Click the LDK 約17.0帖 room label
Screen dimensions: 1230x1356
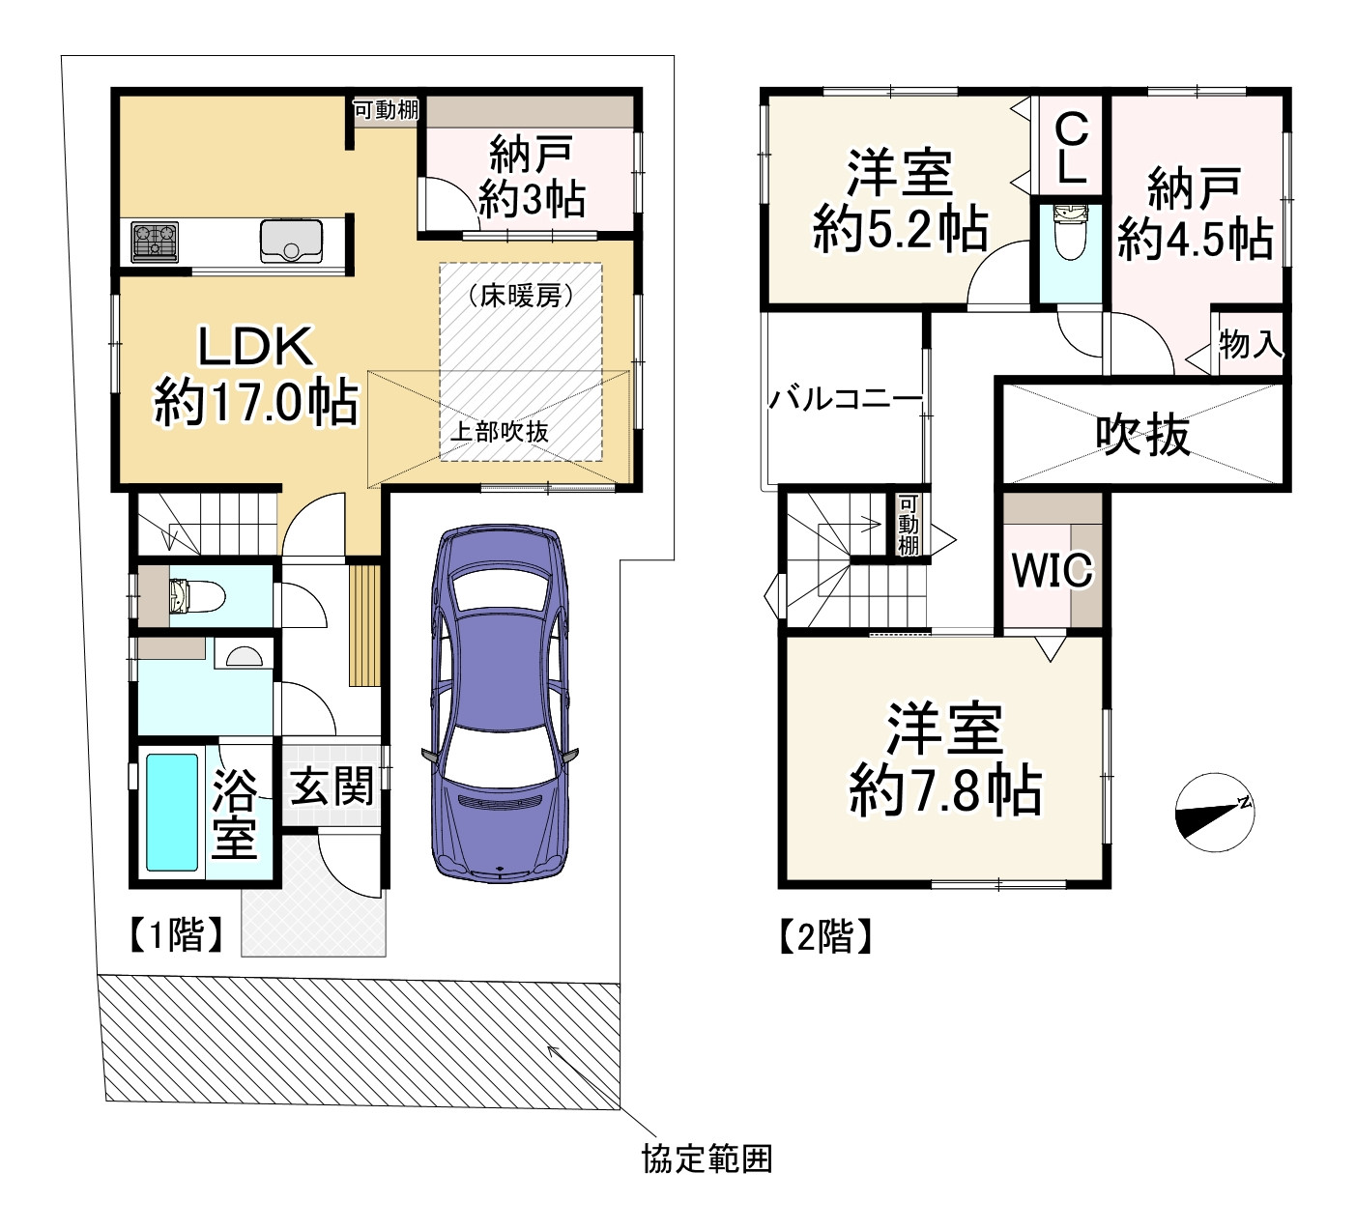pos(255,375)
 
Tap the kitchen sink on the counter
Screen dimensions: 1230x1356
pos(290,241)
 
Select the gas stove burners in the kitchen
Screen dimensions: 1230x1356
pos(155,241)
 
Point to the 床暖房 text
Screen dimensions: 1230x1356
pos(520,296)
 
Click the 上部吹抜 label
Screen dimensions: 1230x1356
pos(499,432)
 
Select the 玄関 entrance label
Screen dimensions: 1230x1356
pos(332,787)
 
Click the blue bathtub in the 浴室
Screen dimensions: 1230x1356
pos(172,813)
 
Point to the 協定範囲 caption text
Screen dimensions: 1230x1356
pos(707,1158)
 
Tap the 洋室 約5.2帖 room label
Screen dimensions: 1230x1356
pos(900,202)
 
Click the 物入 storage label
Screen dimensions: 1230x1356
pos(1251,344)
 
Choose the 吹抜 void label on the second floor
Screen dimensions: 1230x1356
pos(1142,435)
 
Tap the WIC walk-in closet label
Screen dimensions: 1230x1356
pos(1052,570)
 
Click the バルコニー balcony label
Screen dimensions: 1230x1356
pos(845,399)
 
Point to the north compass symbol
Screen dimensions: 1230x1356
pos(1214,813)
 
